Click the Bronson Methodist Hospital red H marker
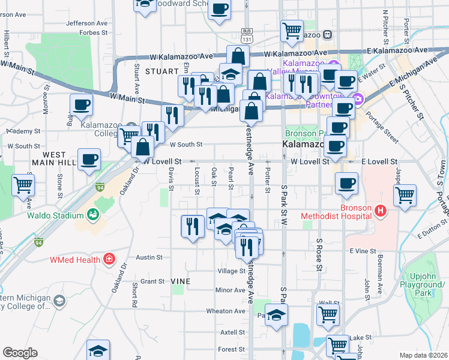click(x=379, y=211)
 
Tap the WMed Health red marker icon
click(x=109, y=259)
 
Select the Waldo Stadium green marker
click(x=92, y=214)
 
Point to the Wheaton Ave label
click(x=226, y=311)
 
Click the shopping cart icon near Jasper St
click(x=405, y=194)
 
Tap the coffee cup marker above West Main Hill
click(x=89, y=159)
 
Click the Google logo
click(x=20, y=353)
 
